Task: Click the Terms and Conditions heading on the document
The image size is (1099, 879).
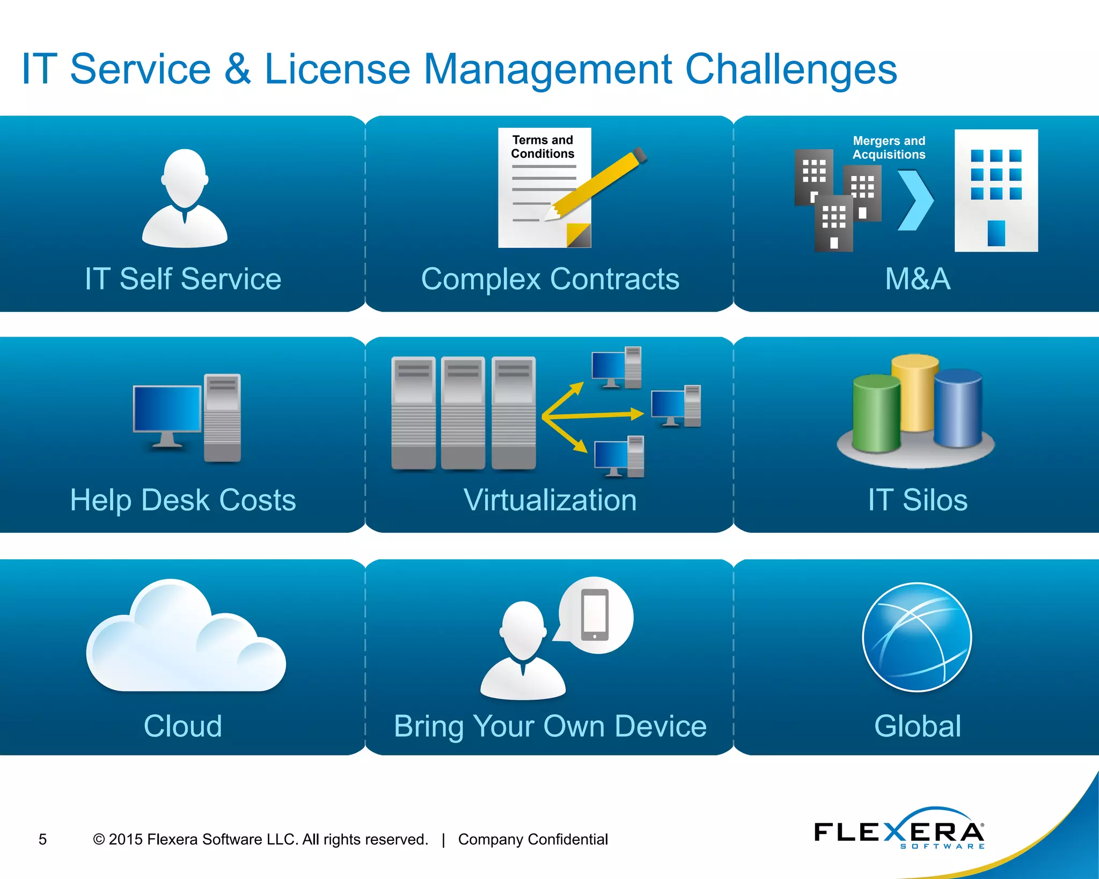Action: click(543, 147)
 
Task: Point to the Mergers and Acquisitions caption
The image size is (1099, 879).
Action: click(889, 148)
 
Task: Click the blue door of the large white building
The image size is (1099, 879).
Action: click(996, 233)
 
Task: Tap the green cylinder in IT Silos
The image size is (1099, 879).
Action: click(876, 413)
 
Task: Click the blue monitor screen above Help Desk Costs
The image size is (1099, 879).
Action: click(167, 408)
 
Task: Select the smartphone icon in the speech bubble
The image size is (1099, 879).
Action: click(595, 615)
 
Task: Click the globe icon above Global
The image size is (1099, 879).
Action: click(917, 637)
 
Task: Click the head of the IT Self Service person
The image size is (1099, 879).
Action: click(185, 177)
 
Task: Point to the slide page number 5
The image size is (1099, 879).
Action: click(43, 839)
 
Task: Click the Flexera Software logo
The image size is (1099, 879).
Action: click(899, 831)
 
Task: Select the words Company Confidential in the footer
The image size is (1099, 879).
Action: click(533, 839)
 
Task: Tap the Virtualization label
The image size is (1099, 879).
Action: click(550, 500)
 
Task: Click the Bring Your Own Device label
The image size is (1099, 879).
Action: click(550, 726)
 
